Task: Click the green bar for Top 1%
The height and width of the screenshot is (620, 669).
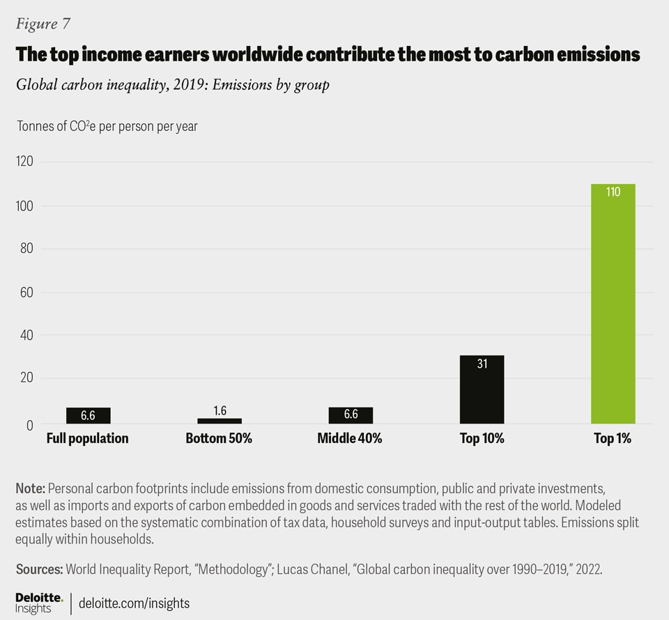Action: (613, 304)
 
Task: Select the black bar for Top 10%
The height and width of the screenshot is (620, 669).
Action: (482, 389)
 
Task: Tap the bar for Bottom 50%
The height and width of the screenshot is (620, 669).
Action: (220, 421)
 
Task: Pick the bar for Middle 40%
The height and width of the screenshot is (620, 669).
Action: (351, 415)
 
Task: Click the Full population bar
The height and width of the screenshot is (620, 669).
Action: (88, 415)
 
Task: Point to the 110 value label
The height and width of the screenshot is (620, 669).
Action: (613, 192)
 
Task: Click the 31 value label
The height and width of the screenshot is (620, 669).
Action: (482, 363)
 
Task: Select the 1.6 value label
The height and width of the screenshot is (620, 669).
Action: (220, 411)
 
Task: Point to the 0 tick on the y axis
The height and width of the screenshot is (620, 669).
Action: (29, 424)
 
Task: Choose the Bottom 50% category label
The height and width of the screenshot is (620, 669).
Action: (219, 439)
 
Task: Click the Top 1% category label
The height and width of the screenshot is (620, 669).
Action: (613, 439)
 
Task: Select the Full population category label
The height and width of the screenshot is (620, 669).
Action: (88, 439)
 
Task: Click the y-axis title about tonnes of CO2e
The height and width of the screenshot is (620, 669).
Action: (107, 127)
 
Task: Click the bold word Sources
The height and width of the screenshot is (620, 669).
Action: (39, 568)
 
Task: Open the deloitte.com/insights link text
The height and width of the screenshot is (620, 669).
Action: (134, 603)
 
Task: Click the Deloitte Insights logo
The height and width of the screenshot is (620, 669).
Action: (39, 603)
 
